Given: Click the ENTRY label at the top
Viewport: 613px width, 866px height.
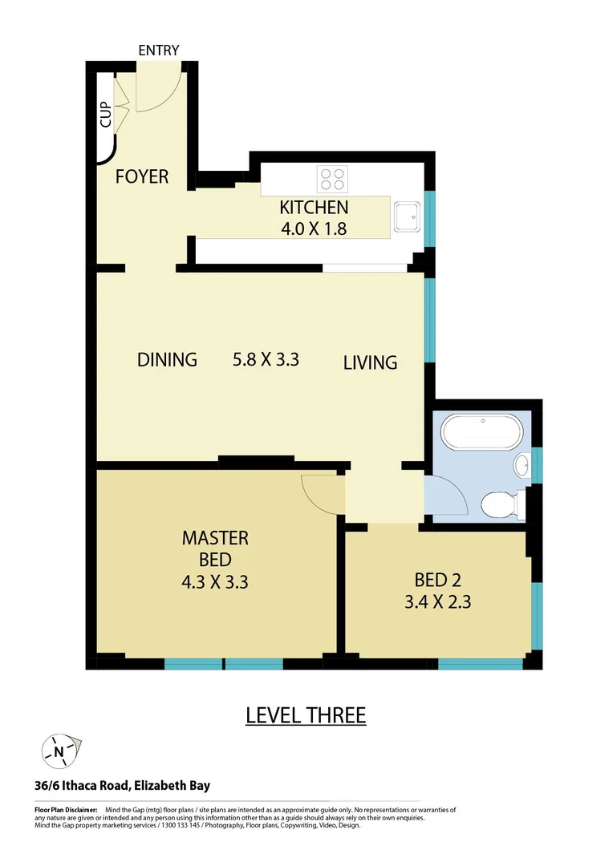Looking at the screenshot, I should point(158,51).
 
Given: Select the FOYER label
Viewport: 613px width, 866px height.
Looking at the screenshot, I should point(142,176).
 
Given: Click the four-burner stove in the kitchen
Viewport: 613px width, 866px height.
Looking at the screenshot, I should point(332,178).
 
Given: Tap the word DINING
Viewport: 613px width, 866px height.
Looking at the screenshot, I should point(167,359).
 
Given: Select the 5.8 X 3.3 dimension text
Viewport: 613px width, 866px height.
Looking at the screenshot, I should point(266,359).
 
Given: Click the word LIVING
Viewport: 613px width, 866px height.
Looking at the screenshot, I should point(370,362).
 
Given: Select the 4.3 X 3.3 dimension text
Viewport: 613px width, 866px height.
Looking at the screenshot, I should point(214,582).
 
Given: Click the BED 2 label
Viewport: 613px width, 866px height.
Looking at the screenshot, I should point(437,579).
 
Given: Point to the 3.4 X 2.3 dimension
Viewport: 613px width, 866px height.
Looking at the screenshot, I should point(437,601).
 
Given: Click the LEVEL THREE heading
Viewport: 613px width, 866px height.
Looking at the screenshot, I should point(306,715).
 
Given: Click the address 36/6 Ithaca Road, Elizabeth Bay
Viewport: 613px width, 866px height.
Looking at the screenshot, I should point(122,787).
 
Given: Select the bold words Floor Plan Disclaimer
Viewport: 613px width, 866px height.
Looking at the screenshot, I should point(66,811).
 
